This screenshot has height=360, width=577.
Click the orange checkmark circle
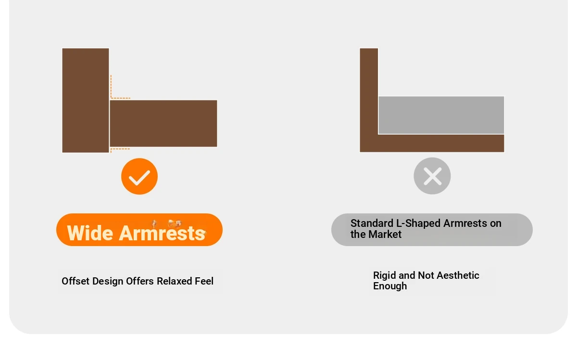(139, 176)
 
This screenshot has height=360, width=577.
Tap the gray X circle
(432, 176)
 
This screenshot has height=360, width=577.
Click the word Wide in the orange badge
(90, 233)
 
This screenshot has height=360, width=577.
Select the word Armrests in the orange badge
(162, 233)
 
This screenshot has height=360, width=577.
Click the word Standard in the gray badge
(371, 223)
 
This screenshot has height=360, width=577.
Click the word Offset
(76, 281)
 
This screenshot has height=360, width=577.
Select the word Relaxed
(174, 281)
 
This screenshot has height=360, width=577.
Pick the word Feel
(204, 281)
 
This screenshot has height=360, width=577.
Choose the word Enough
(390, 286)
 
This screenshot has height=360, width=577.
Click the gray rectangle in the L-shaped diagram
(441, 115)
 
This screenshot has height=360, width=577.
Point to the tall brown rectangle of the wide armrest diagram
(86, 100)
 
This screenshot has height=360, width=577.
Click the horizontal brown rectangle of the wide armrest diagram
(163, 124)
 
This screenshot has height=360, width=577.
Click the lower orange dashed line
(120, 149)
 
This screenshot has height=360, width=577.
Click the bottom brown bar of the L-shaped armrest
(432, 143)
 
